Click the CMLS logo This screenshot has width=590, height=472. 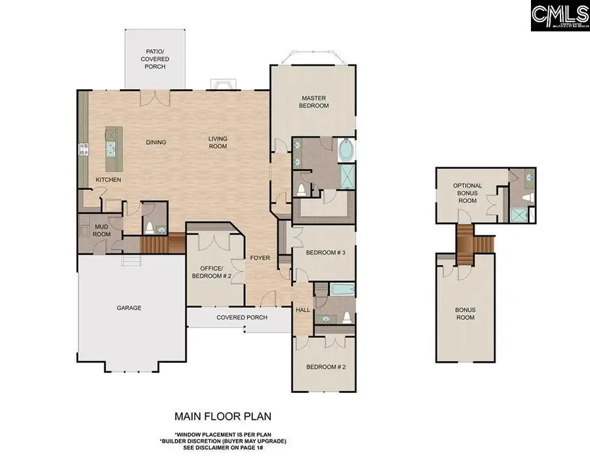560,16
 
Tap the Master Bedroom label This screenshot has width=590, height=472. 313,101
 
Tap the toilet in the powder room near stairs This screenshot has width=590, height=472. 150,227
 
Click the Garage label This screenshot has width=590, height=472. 129,308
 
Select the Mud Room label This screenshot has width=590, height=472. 102,230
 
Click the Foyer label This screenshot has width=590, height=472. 260,258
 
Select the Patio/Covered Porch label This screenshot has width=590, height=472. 155,58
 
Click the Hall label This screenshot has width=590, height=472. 302,310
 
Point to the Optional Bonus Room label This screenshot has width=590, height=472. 467,193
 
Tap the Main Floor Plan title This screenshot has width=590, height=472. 222,416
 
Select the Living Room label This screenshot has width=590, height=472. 218,142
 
